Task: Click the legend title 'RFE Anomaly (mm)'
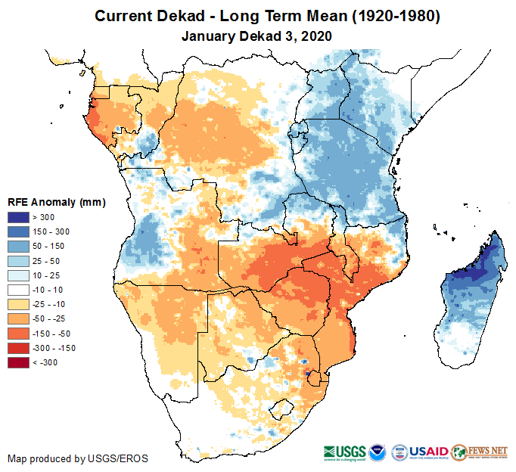(x=56, y=203)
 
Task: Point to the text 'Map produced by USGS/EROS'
(x=78, y=458)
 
